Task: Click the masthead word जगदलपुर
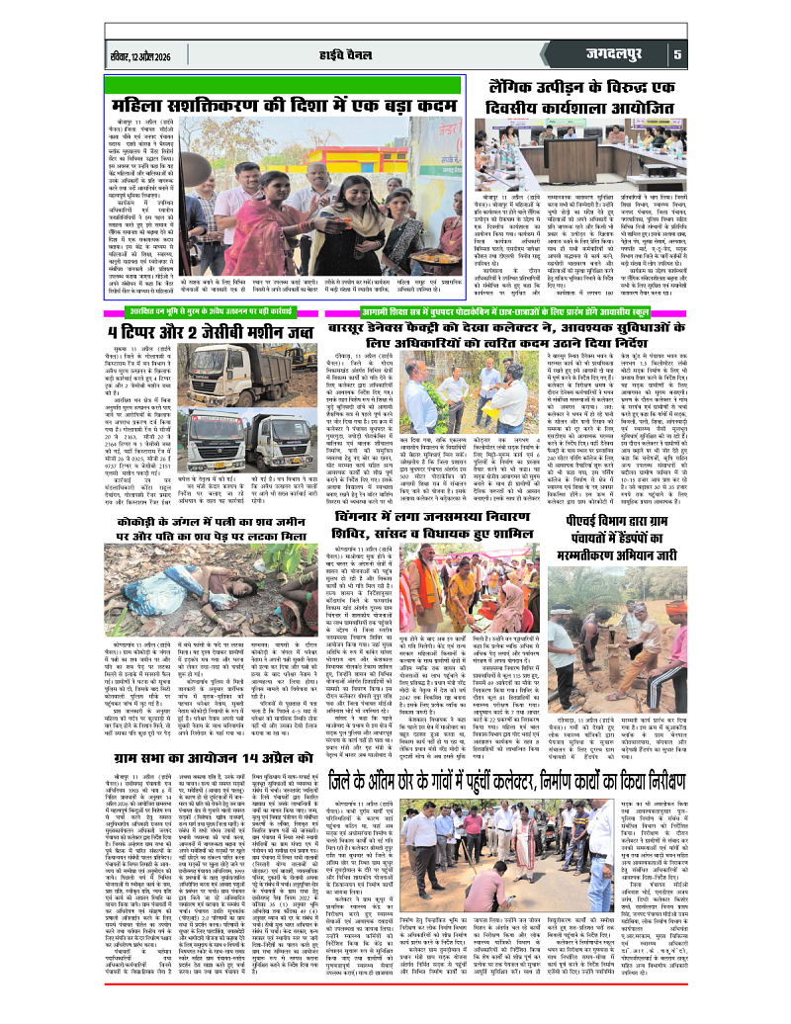click(x=612, y=55)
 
